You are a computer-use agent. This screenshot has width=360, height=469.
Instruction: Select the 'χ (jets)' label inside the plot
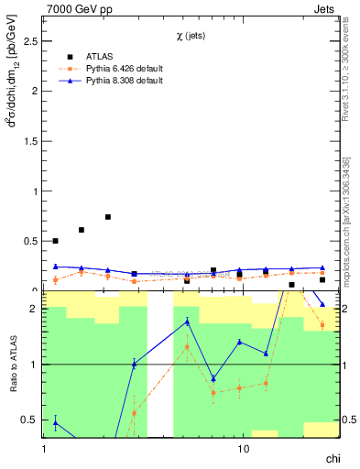pos(192,36)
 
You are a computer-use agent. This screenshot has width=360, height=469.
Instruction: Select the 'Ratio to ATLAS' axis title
pos(13,365)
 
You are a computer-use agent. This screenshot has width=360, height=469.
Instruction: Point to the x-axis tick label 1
pos(44,449)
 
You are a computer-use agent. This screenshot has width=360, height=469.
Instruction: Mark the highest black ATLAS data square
pos(108,217)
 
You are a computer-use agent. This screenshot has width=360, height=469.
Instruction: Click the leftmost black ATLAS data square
pos(55,241)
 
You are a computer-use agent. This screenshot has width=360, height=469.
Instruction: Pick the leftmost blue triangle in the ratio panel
pos(55,422)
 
